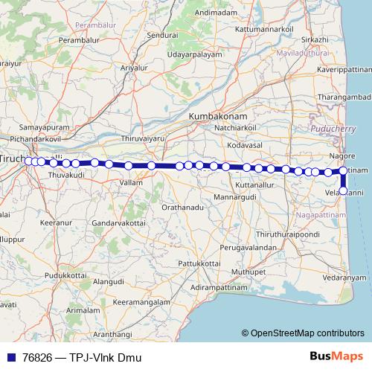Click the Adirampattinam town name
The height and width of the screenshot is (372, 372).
221,286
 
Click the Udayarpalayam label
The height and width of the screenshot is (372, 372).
196,56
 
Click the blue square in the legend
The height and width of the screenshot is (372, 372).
10,357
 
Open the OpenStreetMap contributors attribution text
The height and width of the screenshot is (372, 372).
307,333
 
